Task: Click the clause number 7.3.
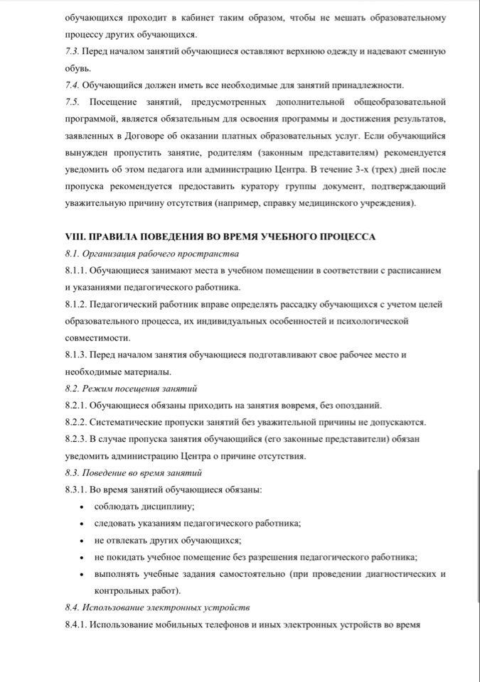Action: pyautogui.click(x=71, y=52)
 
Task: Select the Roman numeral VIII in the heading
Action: pyautogui.click(x=73, y=237)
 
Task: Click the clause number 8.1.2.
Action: pyautogui.click(x=75, y=304)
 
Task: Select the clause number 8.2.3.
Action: pyautogui.click(x=75, y=439)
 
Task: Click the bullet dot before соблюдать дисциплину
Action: pyautogui.click(x=83, y=507)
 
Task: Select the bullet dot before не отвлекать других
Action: pyautogui.click(x=83, y=541)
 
